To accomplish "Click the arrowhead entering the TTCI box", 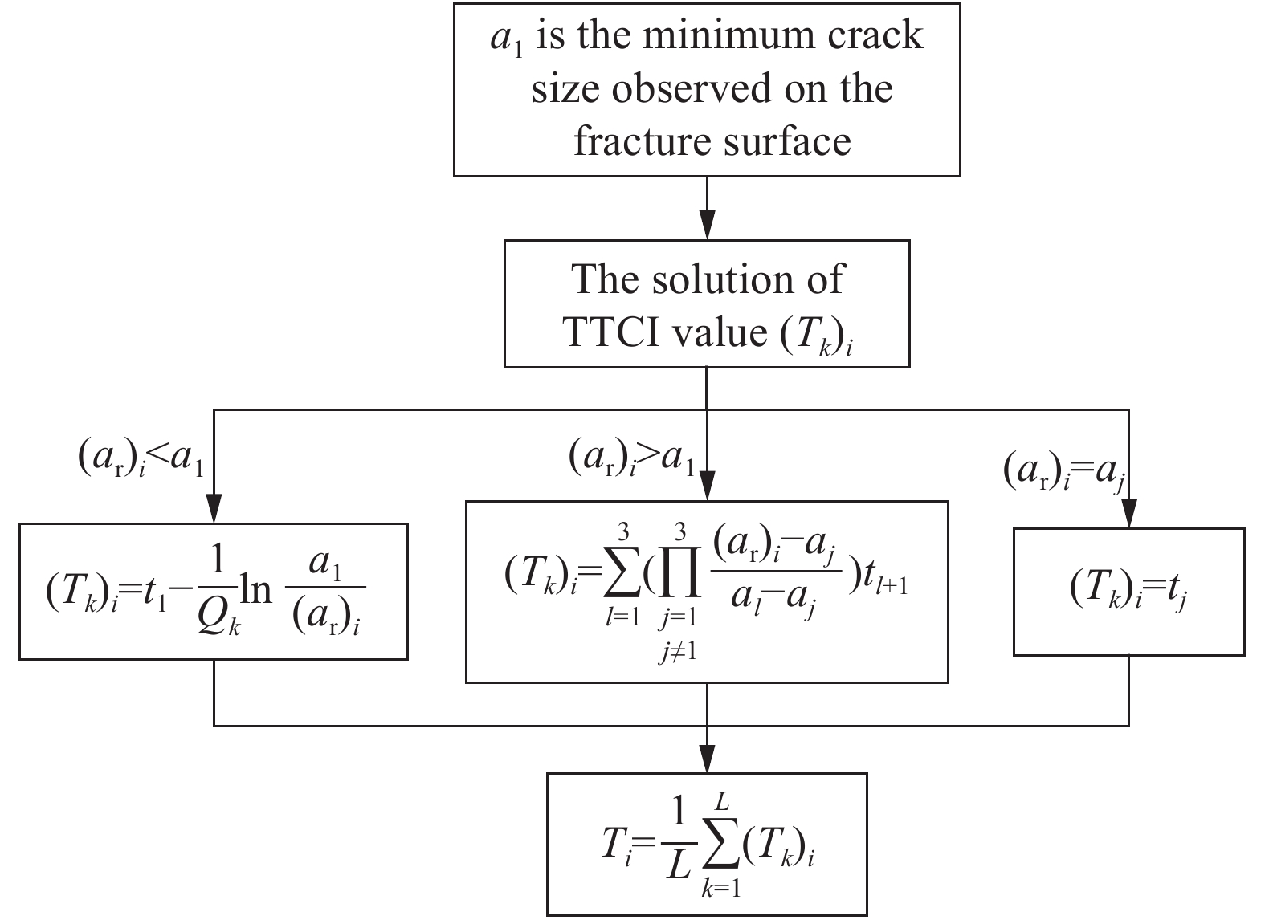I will pos(707,225).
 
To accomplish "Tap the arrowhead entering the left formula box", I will pos(214,509).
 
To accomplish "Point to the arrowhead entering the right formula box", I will pos(1129,513).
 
